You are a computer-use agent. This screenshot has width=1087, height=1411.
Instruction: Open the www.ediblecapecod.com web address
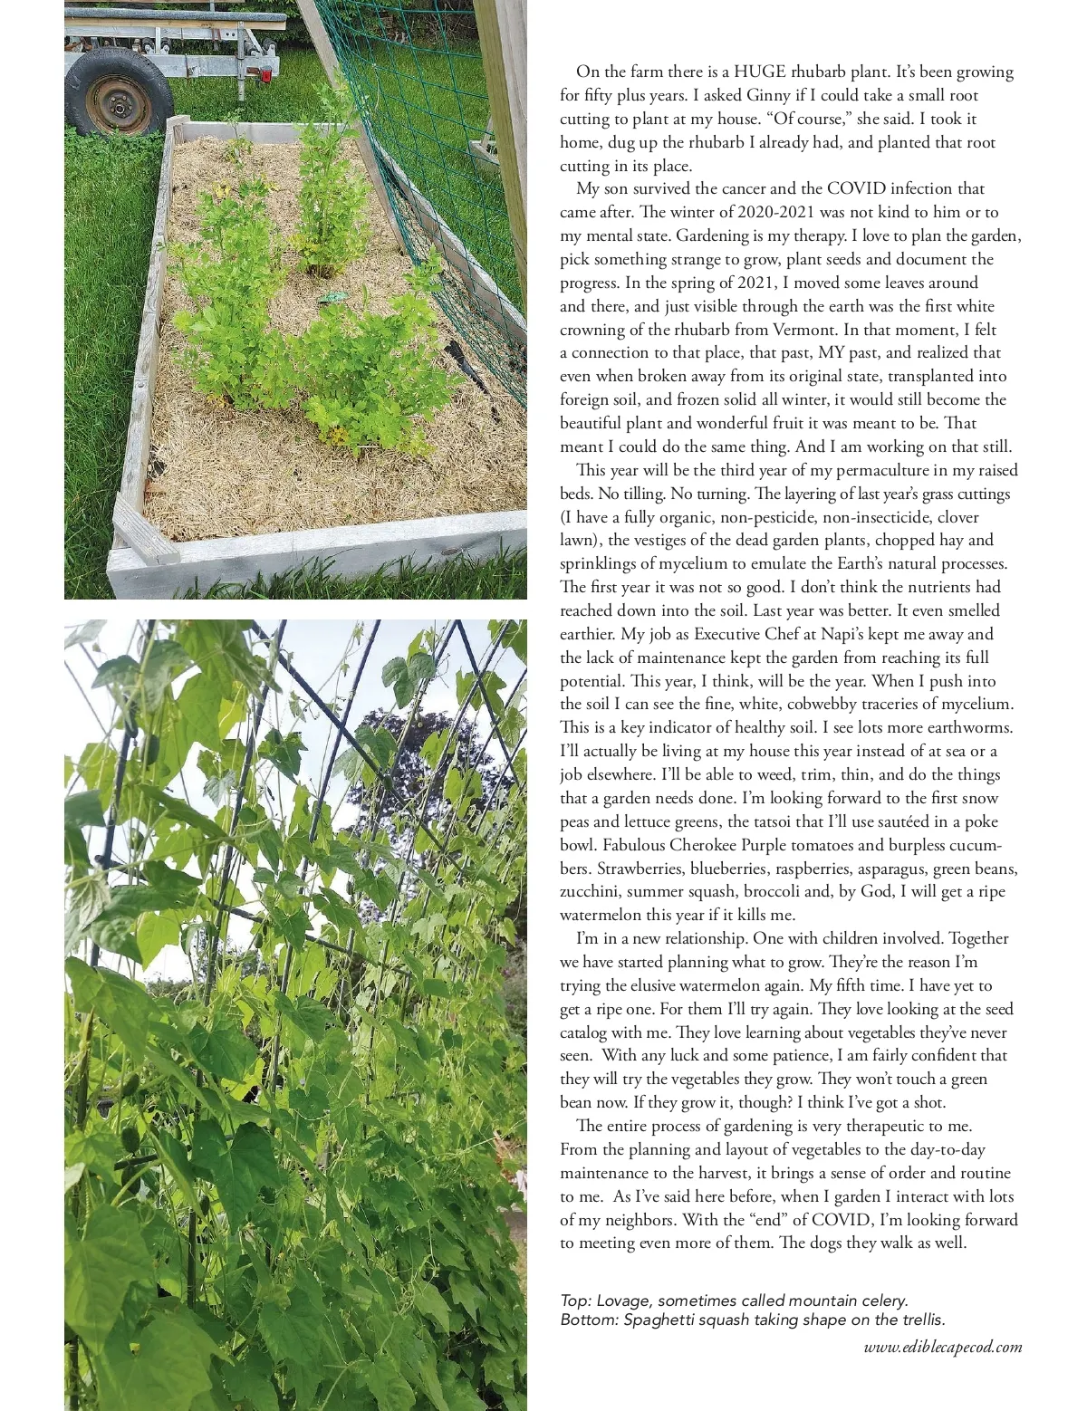coord(943,1347)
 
